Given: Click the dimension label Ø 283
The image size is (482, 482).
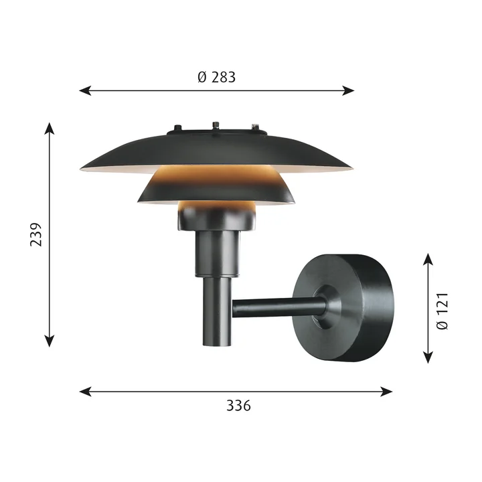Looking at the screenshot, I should (x=217, y=77).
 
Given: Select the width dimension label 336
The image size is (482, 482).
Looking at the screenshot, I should (x=238, y=406).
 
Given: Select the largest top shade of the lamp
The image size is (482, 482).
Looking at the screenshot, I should (x=216, y=151).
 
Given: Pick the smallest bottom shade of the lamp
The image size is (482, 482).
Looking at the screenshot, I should (x=217, y=214).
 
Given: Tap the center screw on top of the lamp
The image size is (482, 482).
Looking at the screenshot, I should (x=216, y=125).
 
